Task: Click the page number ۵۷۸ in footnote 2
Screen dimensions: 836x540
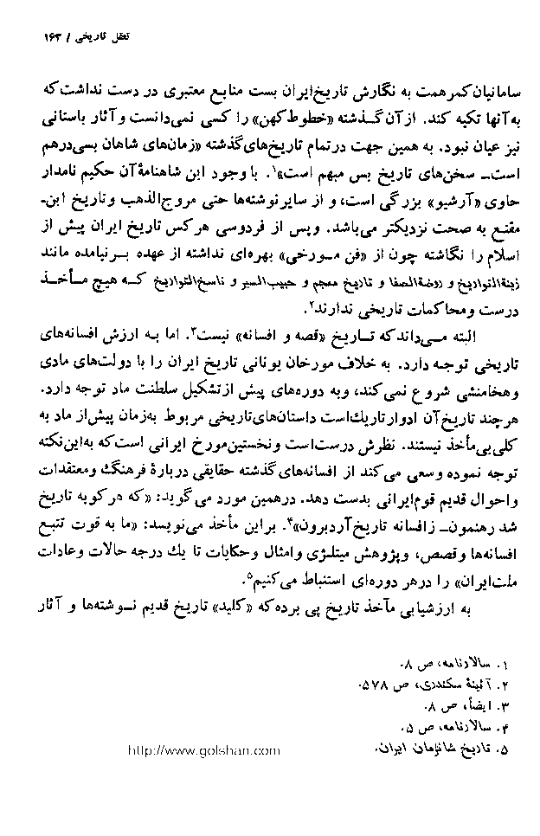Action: click(379, 688)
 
